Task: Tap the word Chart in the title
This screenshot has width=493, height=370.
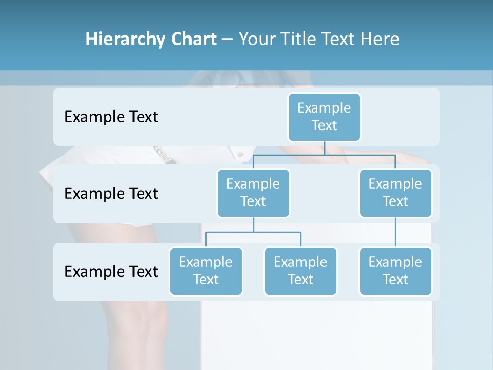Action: pos(192,40)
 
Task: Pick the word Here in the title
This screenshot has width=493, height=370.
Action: pos(380,40)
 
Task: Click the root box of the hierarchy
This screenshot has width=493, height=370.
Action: pos(324,117)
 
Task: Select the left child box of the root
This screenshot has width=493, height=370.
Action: pos(253,193)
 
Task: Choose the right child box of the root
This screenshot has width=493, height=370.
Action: pos(395,193)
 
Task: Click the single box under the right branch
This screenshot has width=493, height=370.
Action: pos(395,271)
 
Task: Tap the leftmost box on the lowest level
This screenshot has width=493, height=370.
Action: pos(206,271)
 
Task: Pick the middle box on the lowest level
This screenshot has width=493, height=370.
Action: pos(300,271)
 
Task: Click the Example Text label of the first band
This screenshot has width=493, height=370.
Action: pos(111,117)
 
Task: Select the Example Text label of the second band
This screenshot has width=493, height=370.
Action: pos(111,194)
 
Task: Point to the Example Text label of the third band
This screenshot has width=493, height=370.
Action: pos(111,271)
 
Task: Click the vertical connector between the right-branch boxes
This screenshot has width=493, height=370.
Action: pos(395,232)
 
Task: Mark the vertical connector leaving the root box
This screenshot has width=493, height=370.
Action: pos(324,148)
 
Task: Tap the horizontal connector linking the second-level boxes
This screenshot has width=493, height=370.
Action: pos(324,154)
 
